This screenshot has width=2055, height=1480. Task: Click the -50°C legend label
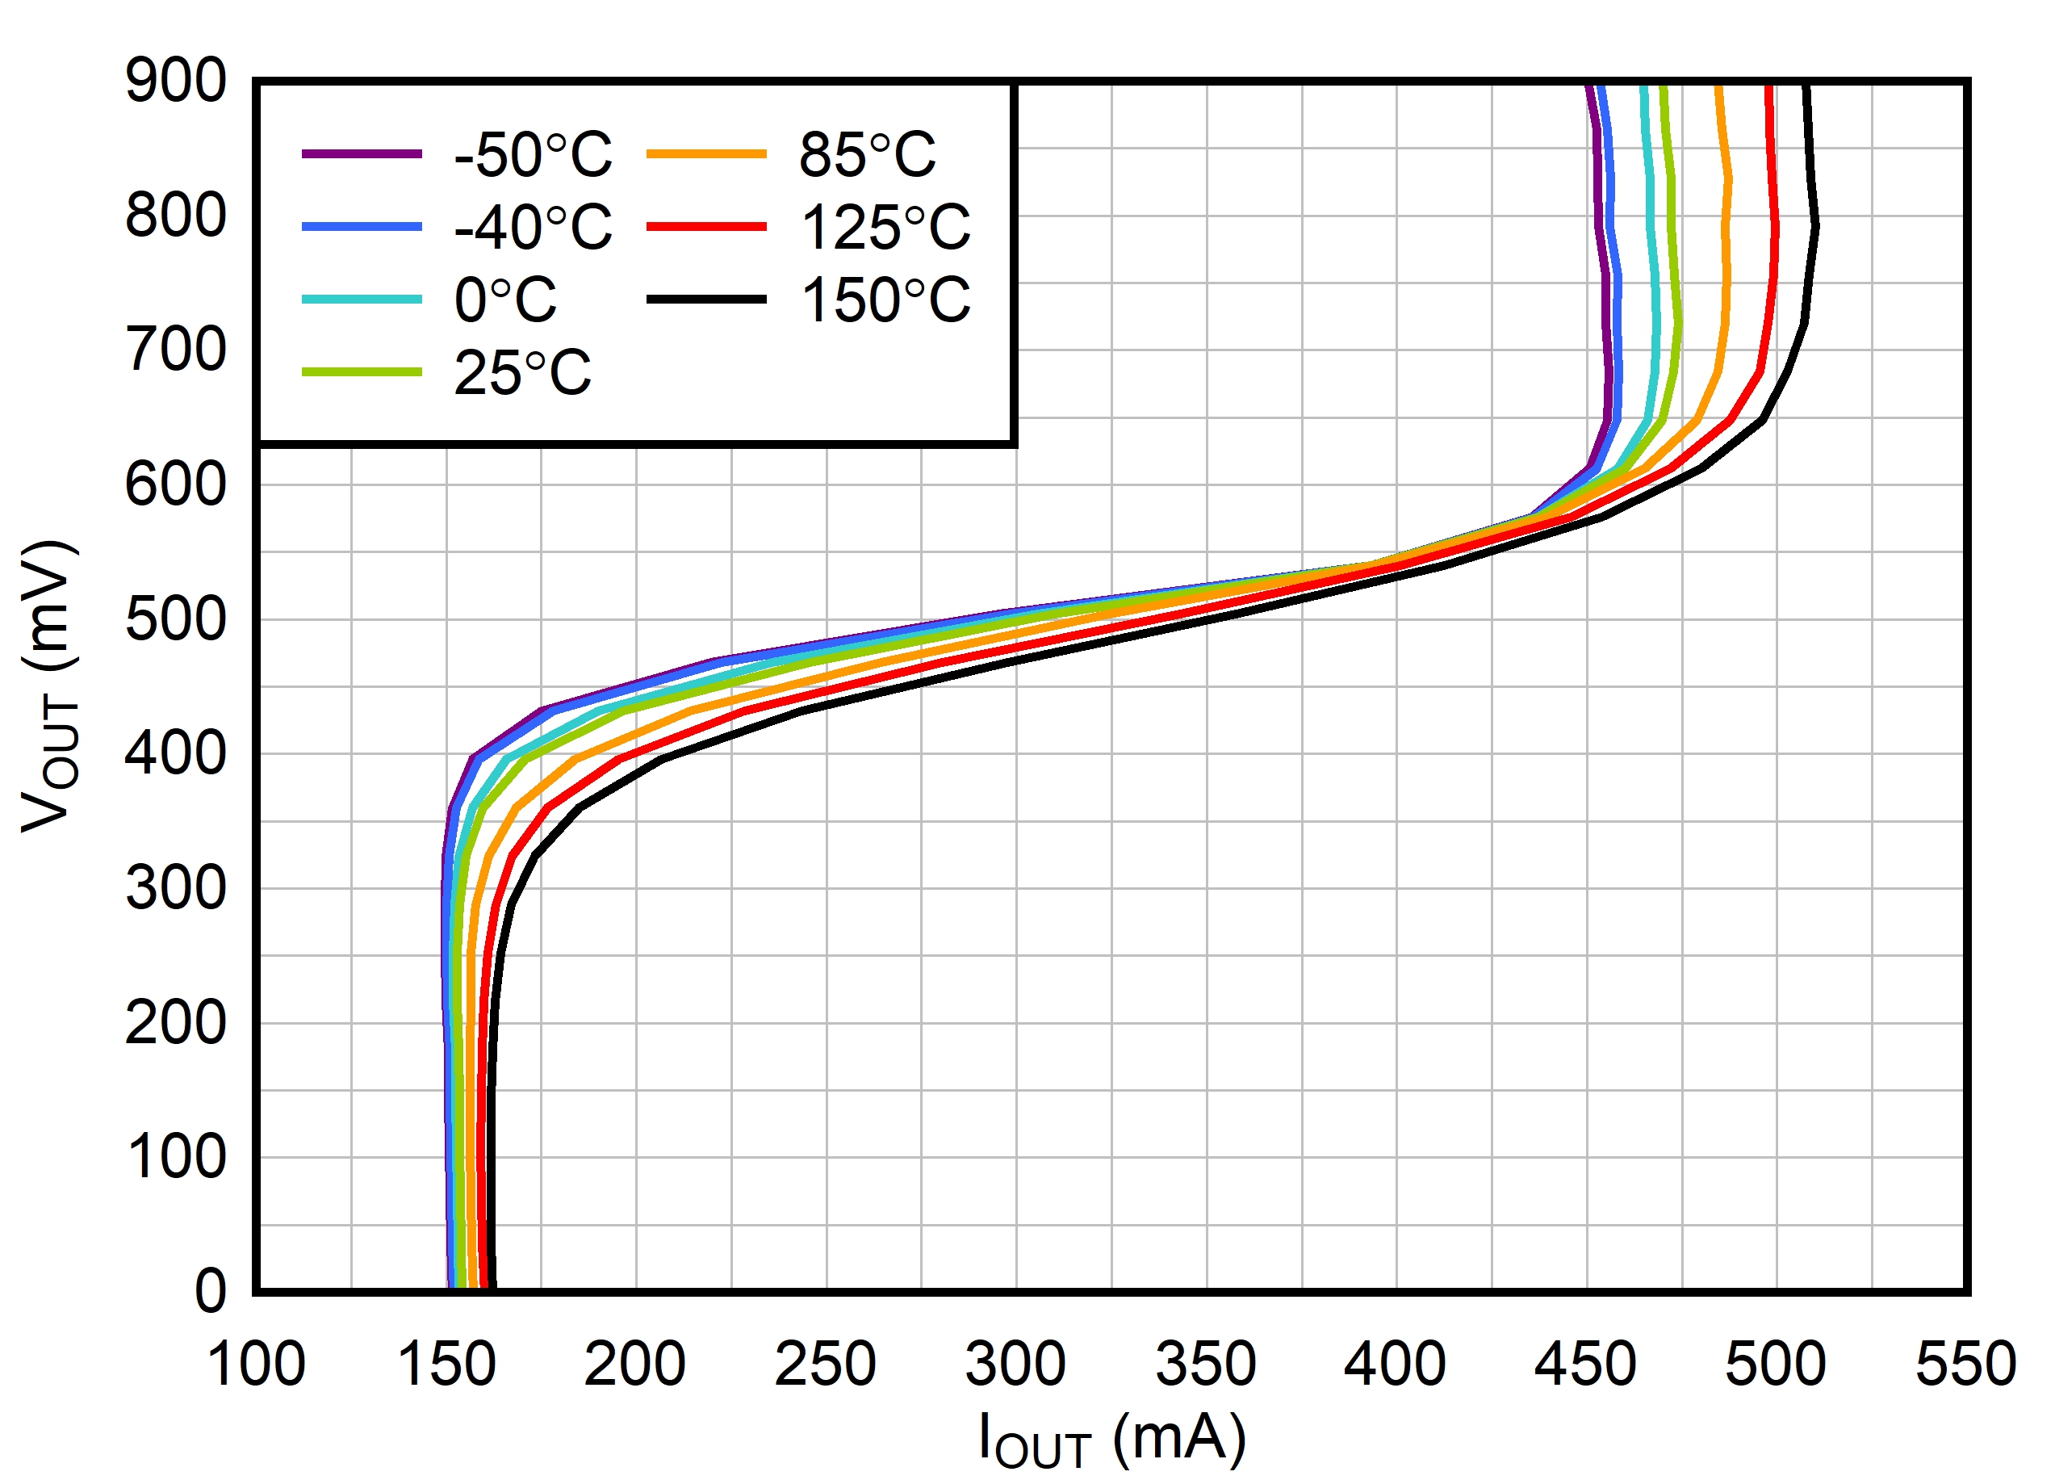pos(533,155)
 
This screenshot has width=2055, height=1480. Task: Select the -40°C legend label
pos(533,228)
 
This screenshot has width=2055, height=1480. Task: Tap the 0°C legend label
pos(504,300)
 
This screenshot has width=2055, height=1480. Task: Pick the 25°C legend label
pos(522,372)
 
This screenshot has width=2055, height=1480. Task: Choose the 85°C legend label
pos(867,155)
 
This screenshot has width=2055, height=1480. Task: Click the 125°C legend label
pos(885,228)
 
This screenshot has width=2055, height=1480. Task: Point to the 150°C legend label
pos(885,300)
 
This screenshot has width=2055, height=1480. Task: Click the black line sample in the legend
pos(707,299)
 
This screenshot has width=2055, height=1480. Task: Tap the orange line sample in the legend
pos(707,154)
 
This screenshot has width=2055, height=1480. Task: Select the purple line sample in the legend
pos(362,154)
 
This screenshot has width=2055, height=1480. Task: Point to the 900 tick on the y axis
pos(176,82)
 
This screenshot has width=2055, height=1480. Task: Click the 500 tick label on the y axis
pos(176,621)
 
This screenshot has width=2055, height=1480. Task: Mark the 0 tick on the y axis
pos(210,1290)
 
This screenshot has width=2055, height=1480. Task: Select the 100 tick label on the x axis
pos(257,1364)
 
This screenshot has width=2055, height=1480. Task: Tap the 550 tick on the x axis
pos(1965,1364)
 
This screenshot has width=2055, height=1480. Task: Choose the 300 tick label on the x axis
pos(1015,1364)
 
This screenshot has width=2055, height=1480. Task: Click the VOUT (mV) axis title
pos(50,686)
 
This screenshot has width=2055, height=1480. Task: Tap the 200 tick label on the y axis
pos(176,1024)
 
